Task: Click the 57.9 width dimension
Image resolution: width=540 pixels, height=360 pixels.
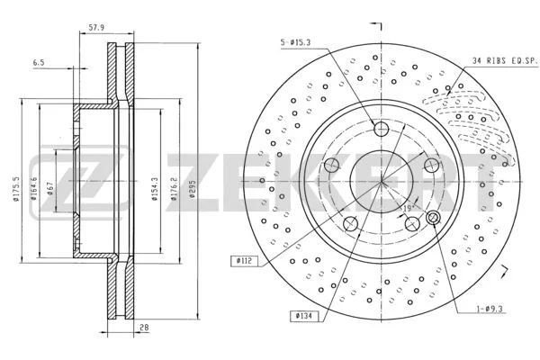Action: [x=96, y=28]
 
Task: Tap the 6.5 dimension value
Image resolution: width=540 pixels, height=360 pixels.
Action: [x=39, y=63]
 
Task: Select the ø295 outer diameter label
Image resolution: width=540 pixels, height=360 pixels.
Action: [x=193, y=188]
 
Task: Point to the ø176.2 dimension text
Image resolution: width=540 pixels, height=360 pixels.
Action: [x=174, y=189]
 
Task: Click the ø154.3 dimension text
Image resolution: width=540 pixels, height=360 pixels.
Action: [x=155, y=189]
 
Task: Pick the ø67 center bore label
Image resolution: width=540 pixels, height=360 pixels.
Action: [x=49, y=189]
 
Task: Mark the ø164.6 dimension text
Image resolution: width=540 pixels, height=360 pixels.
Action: [x=33, y=188]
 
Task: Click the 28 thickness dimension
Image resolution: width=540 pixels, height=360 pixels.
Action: [x=144, y=328]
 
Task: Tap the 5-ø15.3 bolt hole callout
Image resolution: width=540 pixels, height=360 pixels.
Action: [x=296, y=42]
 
